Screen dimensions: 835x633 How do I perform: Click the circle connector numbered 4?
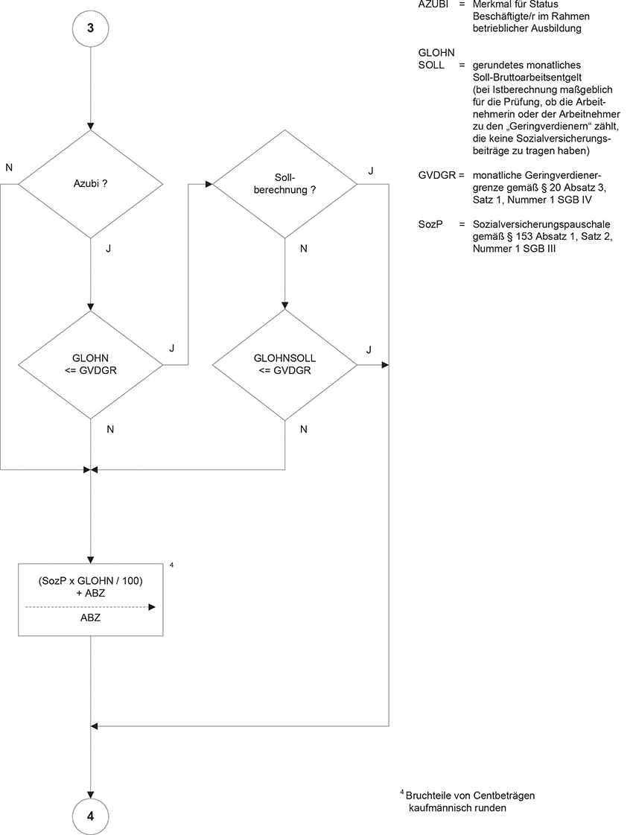tap(90, 815)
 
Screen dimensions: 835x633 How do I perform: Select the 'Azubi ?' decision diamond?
tap(90, 183)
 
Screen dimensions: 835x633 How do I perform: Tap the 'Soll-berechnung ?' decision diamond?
tap(285, 183)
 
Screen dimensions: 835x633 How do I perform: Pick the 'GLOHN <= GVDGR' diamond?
tap(90, 365)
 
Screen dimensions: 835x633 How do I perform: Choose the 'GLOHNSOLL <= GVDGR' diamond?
tap(285, 365)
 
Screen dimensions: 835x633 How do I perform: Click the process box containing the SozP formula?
tap(90, 599)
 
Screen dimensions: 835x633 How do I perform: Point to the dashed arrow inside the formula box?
tap(90, 607)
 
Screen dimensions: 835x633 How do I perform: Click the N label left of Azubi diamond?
tap(9, 168)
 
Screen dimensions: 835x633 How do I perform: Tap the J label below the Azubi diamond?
tap(109, 249)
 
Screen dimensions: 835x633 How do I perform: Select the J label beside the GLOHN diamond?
tap(172, 348)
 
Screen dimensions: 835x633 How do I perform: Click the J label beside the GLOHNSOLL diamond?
tap(369, 349)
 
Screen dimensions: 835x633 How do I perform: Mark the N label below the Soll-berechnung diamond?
tap(303, 249)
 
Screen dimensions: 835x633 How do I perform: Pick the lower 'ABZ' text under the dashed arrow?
tap(90, 618)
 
